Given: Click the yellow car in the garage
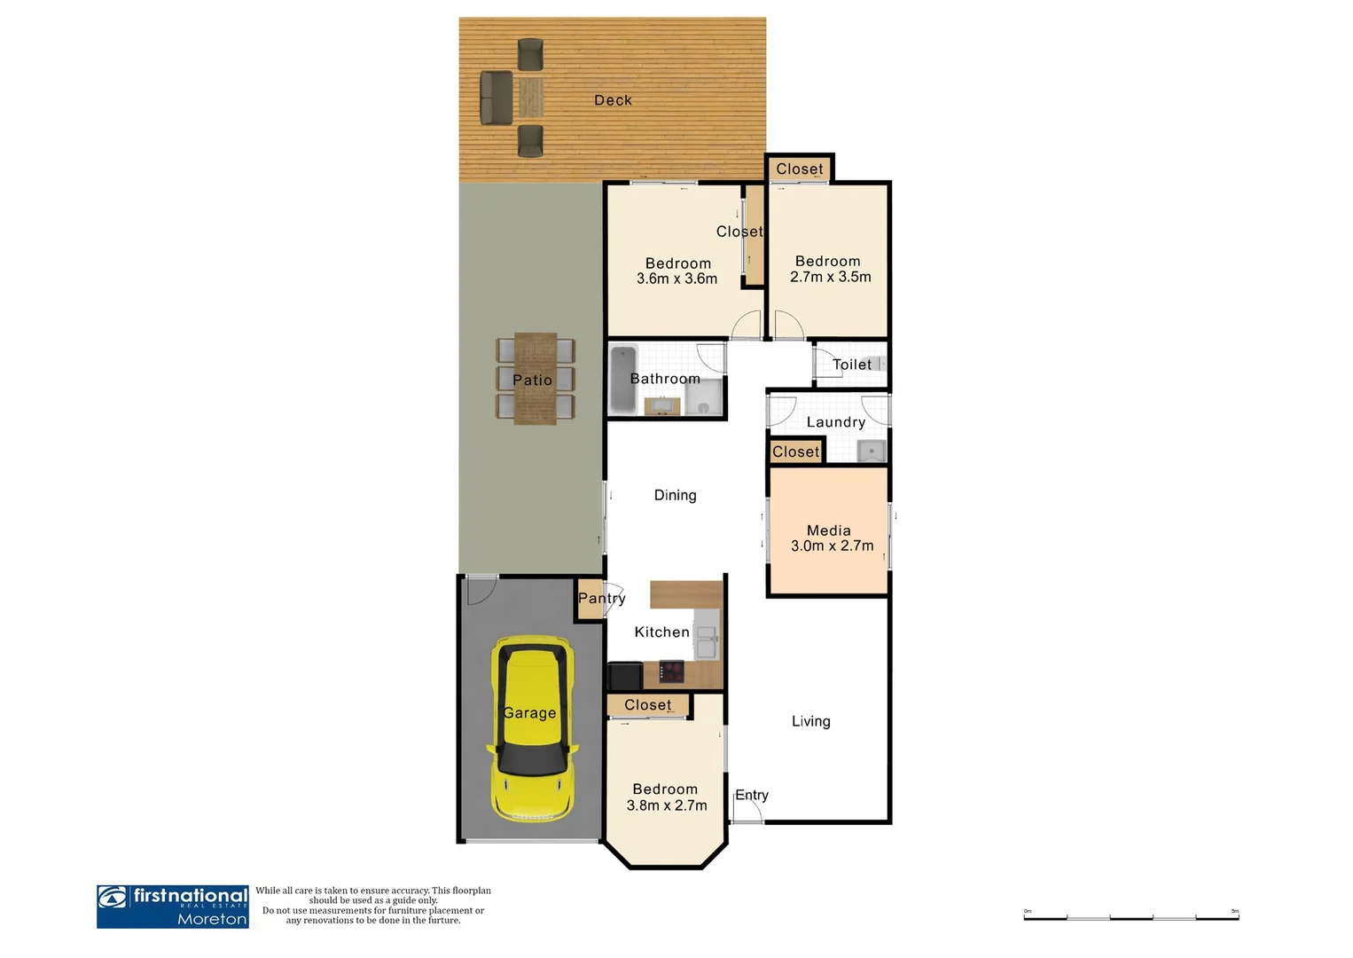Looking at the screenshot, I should [531, 729].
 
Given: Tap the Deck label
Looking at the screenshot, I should [613, 100].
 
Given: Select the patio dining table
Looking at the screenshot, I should [536, 379].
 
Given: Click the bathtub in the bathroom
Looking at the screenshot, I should [623, 379].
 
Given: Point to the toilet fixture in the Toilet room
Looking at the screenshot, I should [879, 364].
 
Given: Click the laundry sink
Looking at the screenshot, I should [872, 452].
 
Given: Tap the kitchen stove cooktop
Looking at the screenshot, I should [672, 671].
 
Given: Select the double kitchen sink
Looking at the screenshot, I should [707, 642].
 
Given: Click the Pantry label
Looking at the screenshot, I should [601, 598].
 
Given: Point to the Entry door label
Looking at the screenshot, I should [751, 795].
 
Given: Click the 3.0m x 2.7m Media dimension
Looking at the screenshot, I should [832, 546].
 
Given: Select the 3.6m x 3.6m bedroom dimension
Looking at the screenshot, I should [676, 279].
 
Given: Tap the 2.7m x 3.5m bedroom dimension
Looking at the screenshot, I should [830, 277].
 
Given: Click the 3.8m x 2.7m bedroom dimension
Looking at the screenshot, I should [667, 805].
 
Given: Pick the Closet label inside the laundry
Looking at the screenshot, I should [795, 452].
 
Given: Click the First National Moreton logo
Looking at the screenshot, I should [173, 907].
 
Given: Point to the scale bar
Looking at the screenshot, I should [1130, 916].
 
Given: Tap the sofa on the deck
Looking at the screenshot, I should [496, 98].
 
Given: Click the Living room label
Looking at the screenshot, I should [810, 721].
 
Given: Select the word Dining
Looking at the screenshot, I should [675, 495].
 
